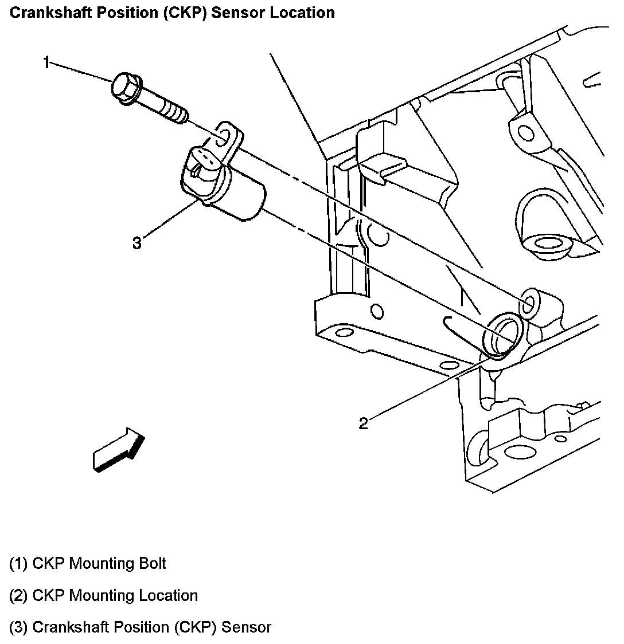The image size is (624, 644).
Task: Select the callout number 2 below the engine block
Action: pos(364,423)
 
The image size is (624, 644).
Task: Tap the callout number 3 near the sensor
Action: pos(136,244)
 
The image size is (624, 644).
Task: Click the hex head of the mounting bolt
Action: pos(124,88)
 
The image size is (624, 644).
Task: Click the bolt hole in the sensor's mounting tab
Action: pos(225,135)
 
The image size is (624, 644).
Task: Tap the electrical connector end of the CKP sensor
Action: pos(202,166)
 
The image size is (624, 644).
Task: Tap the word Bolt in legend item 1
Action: pos(152,564)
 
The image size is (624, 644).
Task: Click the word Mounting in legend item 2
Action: pos(94,596)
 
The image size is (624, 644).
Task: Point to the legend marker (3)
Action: pos(19,628)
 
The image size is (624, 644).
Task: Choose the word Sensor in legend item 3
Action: pos(246,627)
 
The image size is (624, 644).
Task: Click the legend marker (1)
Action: pos(19,564)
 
